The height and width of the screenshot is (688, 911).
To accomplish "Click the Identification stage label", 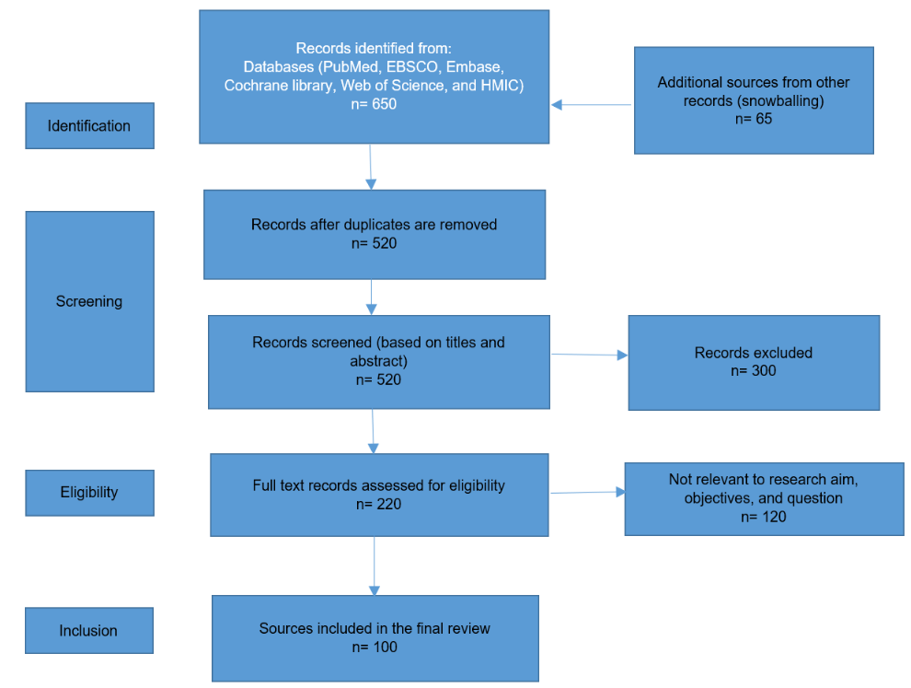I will pyautogui.click(x=89, y=126).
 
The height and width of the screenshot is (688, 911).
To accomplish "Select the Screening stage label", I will pyautogui.click(x=89, y=301).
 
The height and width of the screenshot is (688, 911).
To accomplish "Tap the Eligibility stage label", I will pyautogui.click(x=89, y=492).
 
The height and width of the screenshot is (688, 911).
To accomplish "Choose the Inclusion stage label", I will pyautogui.click(x=89, y=631).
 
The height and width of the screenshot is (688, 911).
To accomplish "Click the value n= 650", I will pyautogui.click(x=374, y=103).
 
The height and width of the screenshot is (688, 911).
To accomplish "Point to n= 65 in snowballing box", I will pyautogui.click(x=753, y=119).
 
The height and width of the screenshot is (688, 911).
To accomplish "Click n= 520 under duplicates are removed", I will pyautogui.click(x=374, y=243).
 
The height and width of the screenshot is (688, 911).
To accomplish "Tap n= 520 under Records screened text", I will pyautogui.click(x=378, y=379).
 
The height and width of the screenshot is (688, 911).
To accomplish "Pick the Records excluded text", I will pyautogui.click(x=753, y=353).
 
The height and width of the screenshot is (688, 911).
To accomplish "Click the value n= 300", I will pyautogui.click(x=753, y=370).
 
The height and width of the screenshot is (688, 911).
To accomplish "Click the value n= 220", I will pyautogui.click(x=378, y=503).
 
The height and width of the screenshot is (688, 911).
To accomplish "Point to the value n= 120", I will pyautogui.click(x=763, y=517).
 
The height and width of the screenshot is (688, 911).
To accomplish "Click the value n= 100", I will pyautogui.click(x=374, y=647).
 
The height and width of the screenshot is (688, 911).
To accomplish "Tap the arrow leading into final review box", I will pyautogui.click(x=375, y=566).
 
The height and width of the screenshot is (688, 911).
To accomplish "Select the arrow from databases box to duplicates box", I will pyautogui.click(x=370, y=167).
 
